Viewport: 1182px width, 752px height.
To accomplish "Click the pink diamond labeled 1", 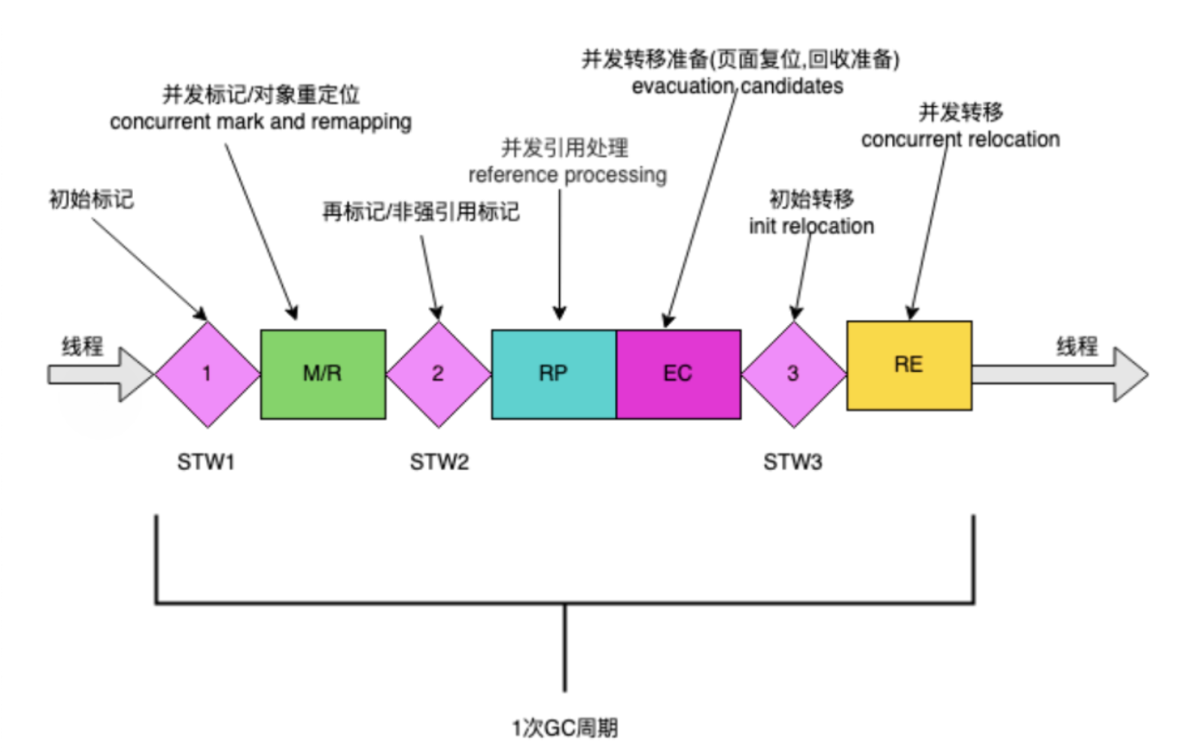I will click(207, 374).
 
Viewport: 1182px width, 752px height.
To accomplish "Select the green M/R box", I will click(323, 373).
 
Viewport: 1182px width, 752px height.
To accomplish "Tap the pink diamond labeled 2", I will click(438, 374).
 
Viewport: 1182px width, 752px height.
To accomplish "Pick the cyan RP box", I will click(554, 373).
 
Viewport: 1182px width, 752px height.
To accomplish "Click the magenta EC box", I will click(678, 373).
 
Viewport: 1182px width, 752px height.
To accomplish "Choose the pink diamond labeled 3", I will click(794, 374).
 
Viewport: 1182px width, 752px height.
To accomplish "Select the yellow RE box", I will click(909, 365).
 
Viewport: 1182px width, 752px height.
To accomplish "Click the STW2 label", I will click(439, 463).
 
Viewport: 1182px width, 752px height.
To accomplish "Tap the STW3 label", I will click(793, 463).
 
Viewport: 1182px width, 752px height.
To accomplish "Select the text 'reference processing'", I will click(567, 174).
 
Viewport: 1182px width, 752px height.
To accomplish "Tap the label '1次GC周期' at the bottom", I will click(564, 727).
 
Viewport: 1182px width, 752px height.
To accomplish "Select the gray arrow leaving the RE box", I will click(1061, 374).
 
